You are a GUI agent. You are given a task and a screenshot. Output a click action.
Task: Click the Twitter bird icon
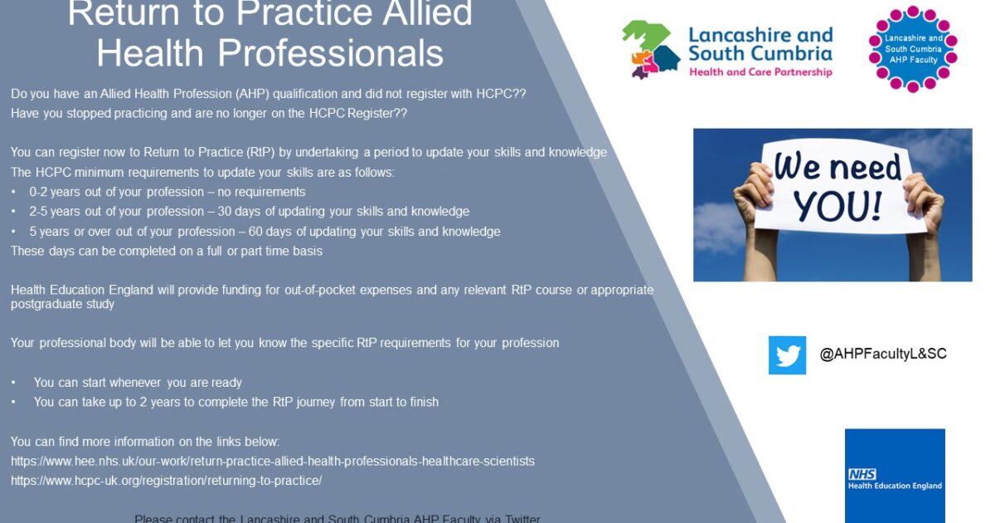tap(787, 355)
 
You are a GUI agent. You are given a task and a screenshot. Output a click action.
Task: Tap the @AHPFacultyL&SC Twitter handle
tap(883, 354)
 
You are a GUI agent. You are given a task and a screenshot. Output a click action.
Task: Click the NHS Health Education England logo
tap(895, 476)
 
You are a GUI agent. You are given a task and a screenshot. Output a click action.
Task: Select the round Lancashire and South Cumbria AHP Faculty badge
tap(912, 49)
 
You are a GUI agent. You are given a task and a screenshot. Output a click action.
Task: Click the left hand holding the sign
tap(753, 196)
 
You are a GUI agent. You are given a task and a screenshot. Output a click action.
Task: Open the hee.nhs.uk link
tap(272, 461)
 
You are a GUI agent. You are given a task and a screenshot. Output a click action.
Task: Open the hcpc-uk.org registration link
tap(166, 481)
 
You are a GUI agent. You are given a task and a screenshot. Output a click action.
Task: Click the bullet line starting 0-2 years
tap(167, 192)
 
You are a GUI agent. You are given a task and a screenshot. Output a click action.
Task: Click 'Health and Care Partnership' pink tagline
tap(760, 72)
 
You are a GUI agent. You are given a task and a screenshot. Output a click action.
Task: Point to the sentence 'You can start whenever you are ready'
tap(138, 383)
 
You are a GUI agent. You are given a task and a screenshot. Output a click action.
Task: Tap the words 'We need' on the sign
tap(837, 166)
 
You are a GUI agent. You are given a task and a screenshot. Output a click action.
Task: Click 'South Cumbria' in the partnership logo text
tap(760, 54)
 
